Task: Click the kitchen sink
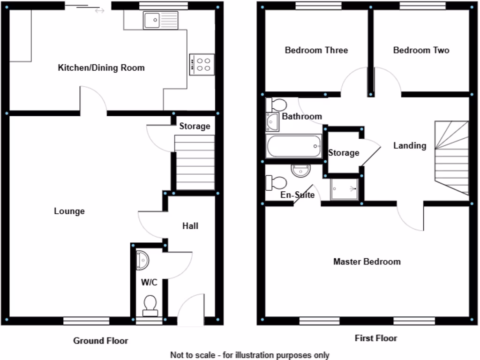coord(161,21)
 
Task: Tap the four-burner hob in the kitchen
coord(202,64)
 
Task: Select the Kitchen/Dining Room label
coord(101,68)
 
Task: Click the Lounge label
coord(69,211)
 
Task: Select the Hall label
coord(190,226)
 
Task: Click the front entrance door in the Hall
coord(190,310)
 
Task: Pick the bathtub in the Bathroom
coord(294,147)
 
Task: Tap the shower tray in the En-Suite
coord(344,189)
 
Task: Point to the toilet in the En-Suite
coord(276,182)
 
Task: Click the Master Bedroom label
coord(367,262)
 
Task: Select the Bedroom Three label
coord(316,50)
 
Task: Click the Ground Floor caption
coord(100,341)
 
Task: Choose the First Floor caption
coord(376,338)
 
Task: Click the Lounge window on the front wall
coord(87,321)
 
